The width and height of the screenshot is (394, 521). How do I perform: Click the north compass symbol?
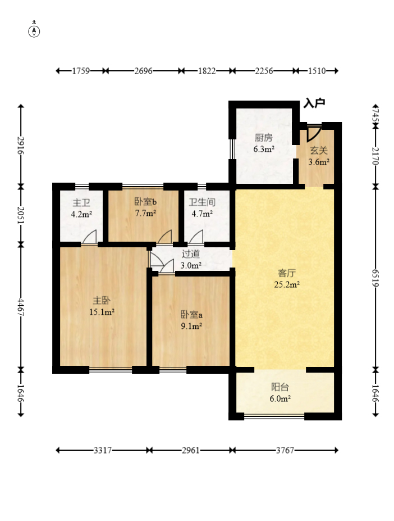34,31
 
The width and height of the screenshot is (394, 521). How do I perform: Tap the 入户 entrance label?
314,103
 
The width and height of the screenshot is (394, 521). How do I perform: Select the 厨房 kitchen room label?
264,137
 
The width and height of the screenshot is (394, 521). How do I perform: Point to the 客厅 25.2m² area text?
287,284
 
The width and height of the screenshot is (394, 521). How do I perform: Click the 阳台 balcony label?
280,387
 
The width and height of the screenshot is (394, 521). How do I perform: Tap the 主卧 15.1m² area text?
102,312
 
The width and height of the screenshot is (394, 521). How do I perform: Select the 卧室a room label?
191,314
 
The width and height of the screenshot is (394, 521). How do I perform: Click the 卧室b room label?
145,202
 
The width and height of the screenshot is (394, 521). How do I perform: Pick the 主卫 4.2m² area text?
81,214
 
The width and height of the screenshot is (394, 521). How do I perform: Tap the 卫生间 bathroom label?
202,202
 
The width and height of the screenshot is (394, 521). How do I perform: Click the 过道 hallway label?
191,254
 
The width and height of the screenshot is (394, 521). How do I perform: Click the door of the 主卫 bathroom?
89,237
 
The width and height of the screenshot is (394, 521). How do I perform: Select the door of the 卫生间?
196,237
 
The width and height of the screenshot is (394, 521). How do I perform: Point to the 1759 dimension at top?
81,71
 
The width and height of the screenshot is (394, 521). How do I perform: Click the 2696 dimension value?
143,71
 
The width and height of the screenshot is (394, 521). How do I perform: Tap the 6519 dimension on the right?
375,278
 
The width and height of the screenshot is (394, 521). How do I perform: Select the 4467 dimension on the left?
21,307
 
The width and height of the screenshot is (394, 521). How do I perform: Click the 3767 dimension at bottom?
285,450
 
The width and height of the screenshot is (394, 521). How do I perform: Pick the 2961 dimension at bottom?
191,450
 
